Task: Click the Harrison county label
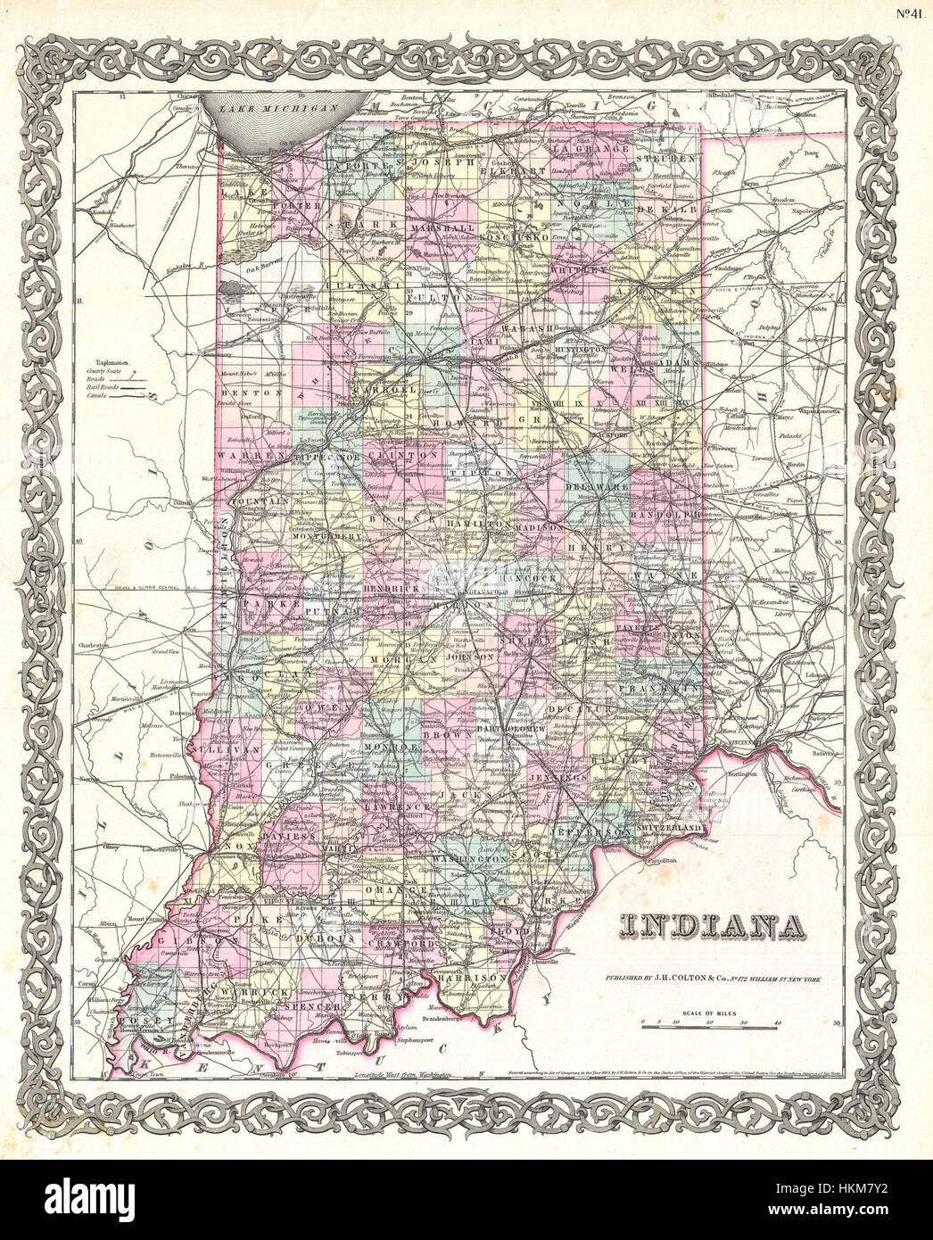[472, 979]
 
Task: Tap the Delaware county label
[601, 489]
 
